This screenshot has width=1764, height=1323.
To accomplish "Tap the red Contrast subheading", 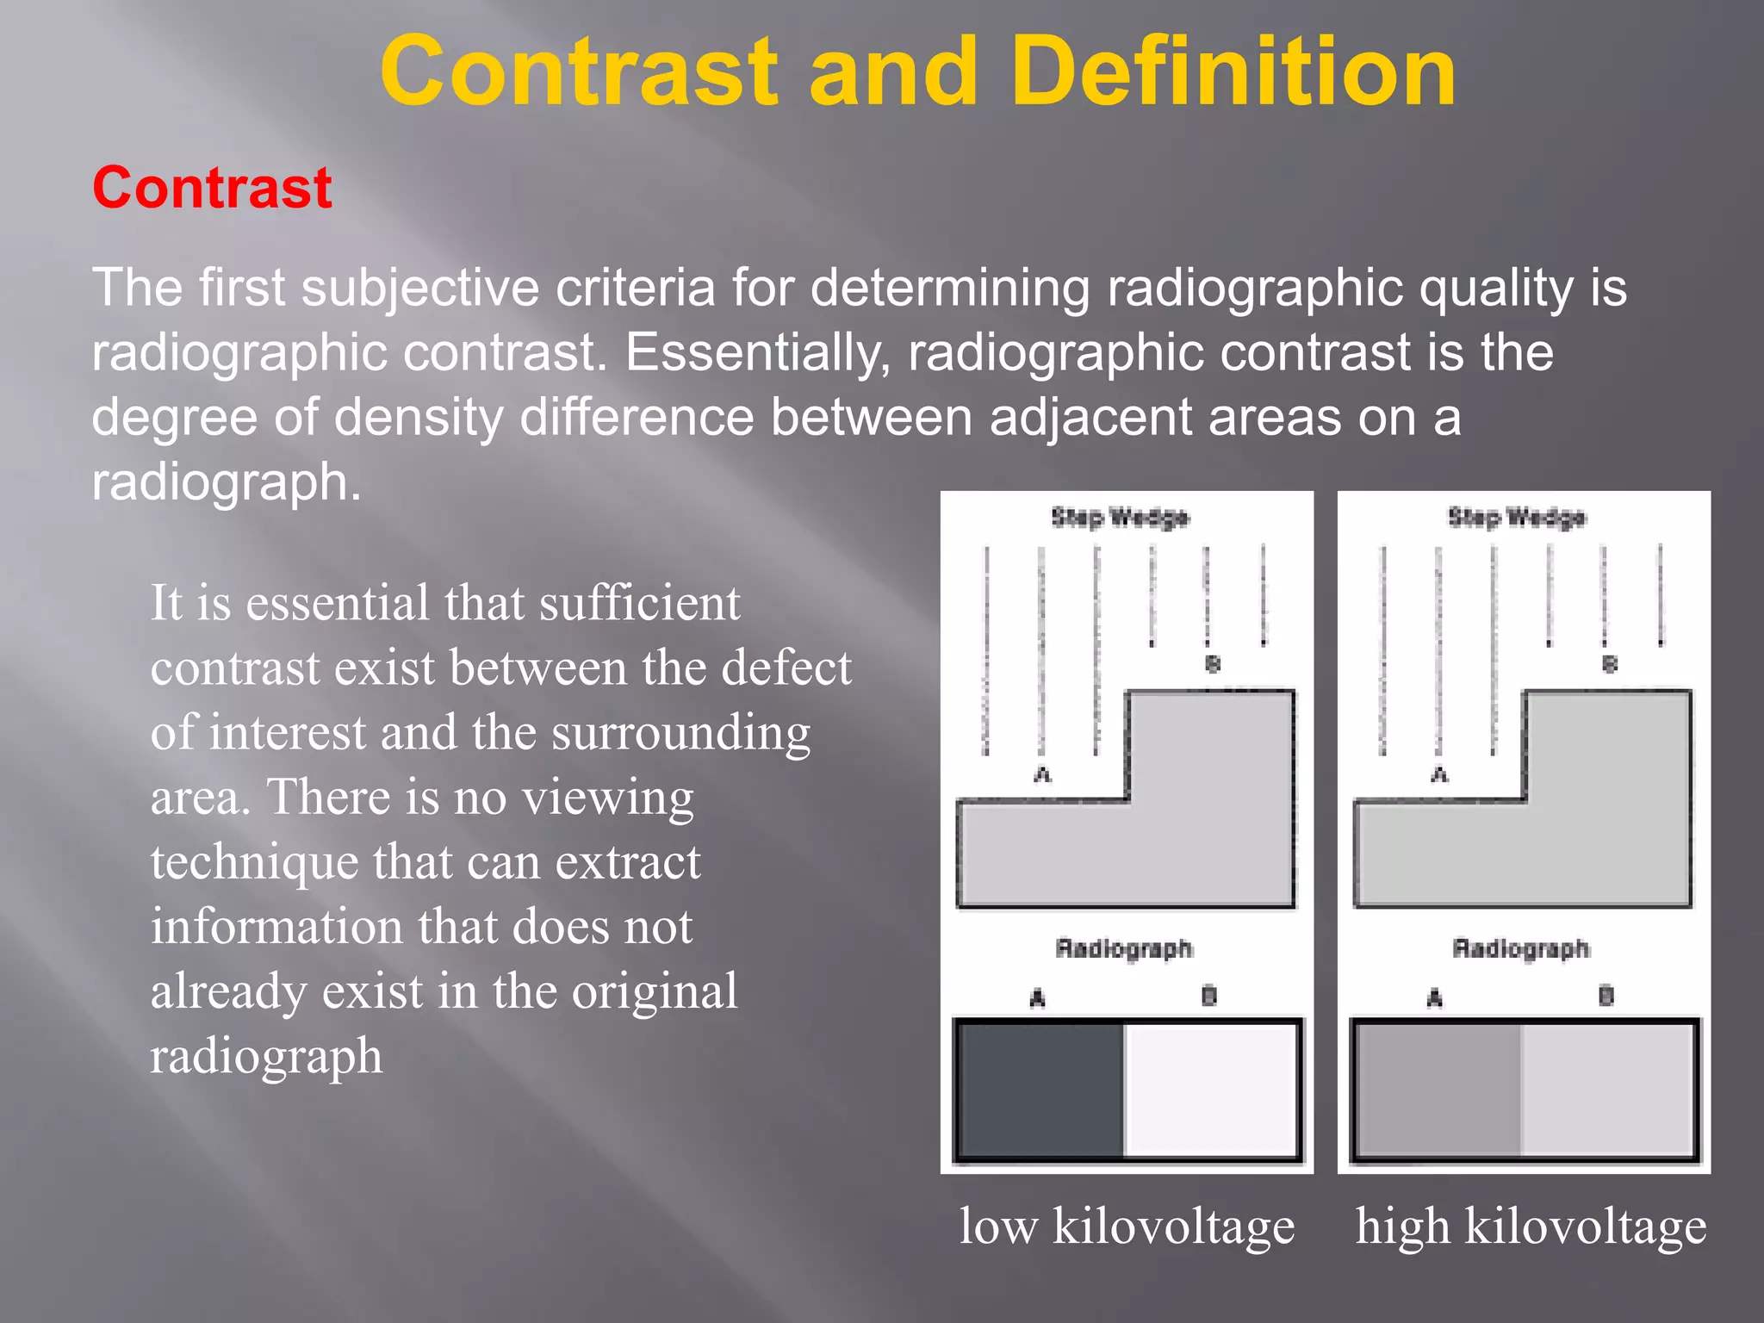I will pyautogui.click(x=212, y=188).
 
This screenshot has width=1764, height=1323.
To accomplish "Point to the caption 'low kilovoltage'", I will pyautogui.click(x=1127, y=1226).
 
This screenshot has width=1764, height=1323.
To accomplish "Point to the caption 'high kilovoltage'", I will pyautogui.click(x=1531, y=1226).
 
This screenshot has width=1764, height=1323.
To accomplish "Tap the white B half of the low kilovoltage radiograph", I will pyautogui.click(x=1210, y=1090).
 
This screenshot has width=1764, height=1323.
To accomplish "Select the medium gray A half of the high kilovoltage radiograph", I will pyautogui.click(x=1437, y=1090).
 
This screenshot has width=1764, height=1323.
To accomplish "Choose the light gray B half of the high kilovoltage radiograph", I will pyautogui.click(x=1607, y=1090).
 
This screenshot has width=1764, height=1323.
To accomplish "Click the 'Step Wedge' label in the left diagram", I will pyautogui.click(x=1120, y=518).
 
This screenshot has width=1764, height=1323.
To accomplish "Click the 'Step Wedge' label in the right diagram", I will pyautogui.click(x=1516, y=518).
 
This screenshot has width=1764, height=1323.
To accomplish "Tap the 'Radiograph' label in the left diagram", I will pyautogui.click(x=1124, y=948).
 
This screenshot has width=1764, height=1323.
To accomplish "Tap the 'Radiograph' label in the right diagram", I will pyautogui.click(x=1520, y=948).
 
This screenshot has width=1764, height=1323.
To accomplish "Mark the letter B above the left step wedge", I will pyautogui.click(x=1213, y=664).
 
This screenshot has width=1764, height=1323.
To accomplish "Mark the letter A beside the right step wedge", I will pyautogui.click(x=1439, y=775).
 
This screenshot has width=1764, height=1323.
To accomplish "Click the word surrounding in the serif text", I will pyautogui.click(x=680, y=733).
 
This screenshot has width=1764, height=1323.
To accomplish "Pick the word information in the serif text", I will pyautogui.click(x=276, y=927).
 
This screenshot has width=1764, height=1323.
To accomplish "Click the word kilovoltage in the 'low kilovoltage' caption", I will pyautogui.click(x=1173, y=1226).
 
